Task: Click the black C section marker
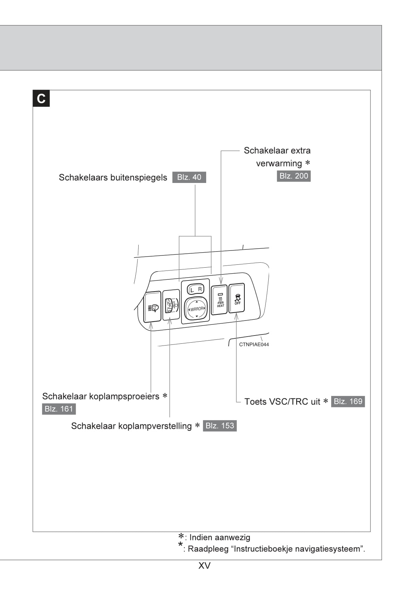[41, 98]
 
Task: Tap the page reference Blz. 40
[189, 177]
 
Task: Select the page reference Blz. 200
[294, 176]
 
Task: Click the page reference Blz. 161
[59, 409]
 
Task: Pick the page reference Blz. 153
[220, 426]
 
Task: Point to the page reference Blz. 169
[348, 401]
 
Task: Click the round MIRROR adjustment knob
[196, 309]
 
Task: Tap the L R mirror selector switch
[196, 289]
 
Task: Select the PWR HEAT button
[219, 300]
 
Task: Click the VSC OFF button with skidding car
[237, 298]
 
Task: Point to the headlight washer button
[153, 308]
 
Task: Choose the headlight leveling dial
[171, 305]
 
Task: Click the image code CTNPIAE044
[254, 344]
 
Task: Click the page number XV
[204, 566]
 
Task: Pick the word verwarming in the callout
[279, 164]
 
